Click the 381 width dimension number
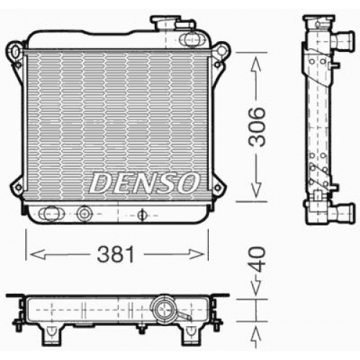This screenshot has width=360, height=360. point(115,254)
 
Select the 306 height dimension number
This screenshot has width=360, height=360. point(257,127)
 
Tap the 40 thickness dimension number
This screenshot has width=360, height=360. point(257,259)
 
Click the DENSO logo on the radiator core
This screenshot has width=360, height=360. point(145,183)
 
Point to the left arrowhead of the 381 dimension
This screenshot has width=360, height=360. point(37,254)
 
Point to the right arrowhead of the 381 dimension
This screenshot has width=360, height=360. point(197,254)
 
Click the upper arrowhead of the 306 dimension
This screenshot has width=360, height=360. point(256,63)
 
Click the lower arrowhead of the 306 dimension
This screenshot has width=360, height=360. point(256,190)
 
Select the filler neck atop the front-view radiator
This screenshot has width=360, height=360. point(165,23)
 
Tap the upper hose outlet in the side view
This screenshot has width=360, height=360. point(343,41)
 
